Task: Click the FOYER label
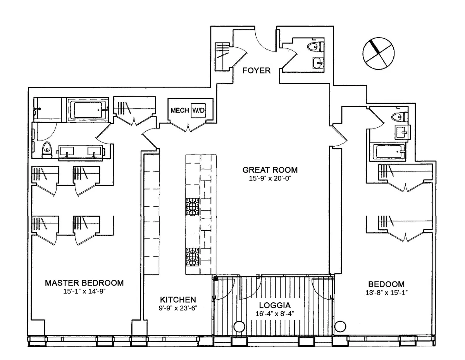[256, 71]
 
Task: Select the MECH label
[179, 111]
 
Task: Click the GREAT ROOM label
[270, 170]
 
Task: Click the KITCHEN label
[178, 300]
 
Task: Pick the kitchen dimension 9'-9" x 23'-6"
[178, 309]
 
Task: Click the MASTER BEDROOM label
[84, 283]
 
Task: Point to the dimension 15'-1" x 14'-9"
[84, 292]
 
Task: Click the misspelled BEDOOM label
[386, 284]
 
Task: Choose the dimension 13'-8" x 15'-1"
[386, 293]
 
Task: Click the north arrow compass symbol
[379, 54]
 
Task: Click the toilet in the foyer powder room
[315, 48]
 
